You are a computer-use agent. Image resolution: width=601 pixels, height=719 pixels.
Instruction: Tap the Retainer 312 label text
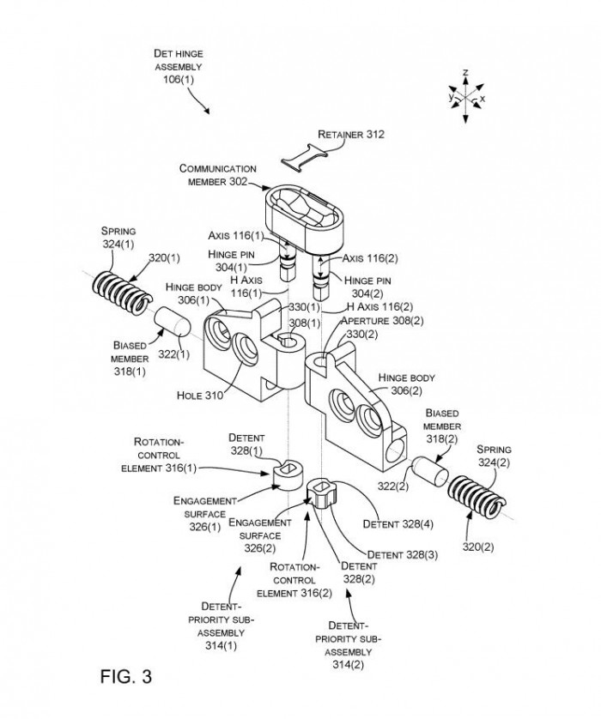pyautogui.click(x=350, y=135)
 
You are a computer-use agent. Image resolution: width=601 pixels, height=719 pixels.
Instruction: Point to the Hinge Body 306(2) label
pyautogui.click(x=407, y=379)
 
